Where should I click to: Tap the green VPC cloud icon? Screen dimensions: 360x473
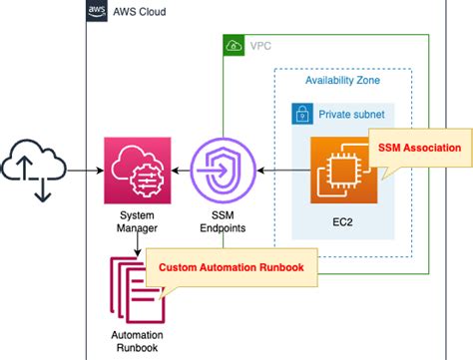pos(233,46)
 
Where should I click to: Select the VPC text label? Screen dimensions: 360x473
pos(259,46)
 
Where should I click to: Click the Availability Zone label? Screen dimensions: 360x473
pos(342,80)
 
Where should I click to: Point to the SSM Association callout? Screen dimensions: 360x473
pos(418,148)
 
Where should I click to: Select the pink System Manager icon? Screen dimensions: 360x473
pos(137,171)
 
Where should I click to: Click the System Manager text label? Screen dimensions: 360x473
pos(137,220)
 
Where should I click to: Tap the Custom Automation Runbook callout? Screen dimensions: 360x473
pos(224,268)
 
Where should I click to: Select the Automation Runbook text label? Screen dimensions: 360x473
pos(136,340)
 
